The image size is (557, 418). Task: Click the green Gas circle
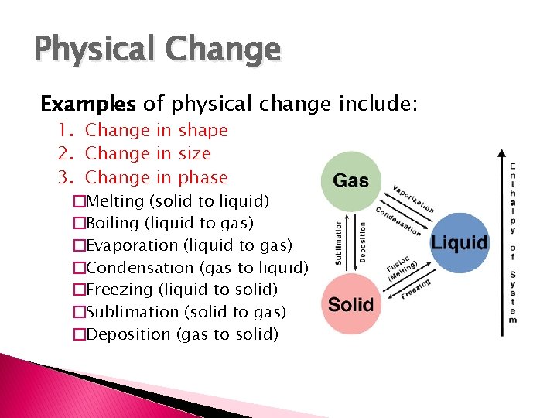coord(350,181)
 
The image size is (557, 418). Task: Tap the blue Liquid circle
coord(459,242)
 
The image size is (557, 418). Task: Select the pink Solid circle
coord(350,304)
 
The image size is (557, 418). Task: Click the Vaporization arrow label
coord(412,199)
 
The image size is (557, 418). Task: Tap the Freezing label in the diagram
coord(416,292)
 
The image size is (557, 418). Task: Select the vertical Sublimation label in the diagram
coord(338,242)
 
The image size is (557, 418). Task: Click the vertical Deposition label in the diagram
coord(362,242)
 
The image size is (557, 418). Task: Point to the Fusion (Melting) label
coord(402,267)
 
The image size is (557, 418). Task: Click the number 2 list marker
coord(65,154)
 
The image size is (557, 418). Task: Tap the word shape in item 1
coord(203,131)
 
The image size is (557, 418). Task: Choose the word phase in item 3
coord(203,177)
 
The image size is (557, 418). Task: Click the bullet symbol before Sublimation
coord(78,312)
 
